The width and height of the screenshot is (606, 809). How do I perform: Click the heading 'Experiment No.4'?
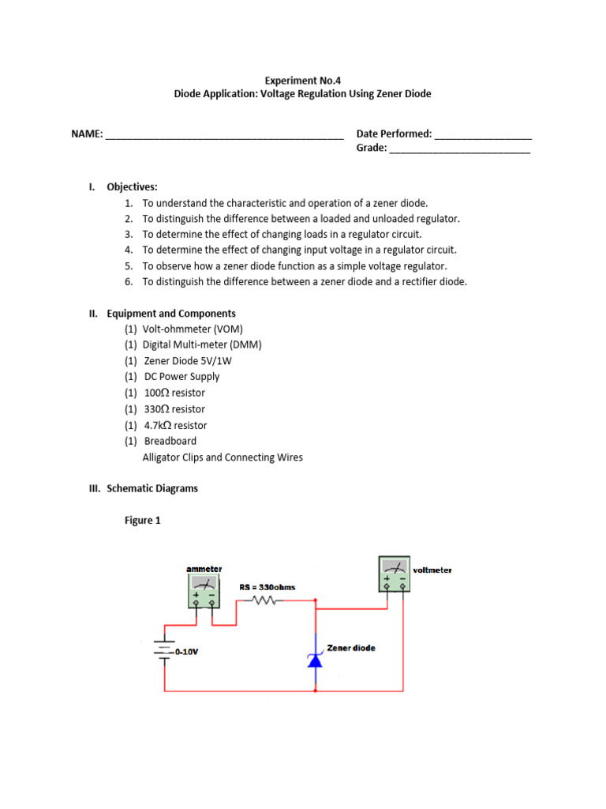(x=302, y=79)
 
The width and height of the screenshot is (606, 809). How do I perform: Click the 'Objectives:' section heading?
(x=132, y=187)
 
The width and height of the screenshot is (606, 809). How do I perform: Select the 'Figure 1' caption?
(x=143, y=521)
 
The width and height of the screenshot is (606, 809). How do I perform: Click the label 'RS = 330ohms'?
(x=267, y=587)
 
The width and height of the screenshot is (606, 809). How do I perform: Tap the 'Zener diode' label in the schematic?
(x=351, y=648)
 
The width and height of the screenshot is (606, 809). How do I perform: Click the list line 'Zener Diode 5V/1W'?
(x=188, y=361)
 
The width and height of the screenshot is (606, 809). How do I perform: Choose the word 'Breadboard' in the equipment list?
(x=170, y=441)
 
